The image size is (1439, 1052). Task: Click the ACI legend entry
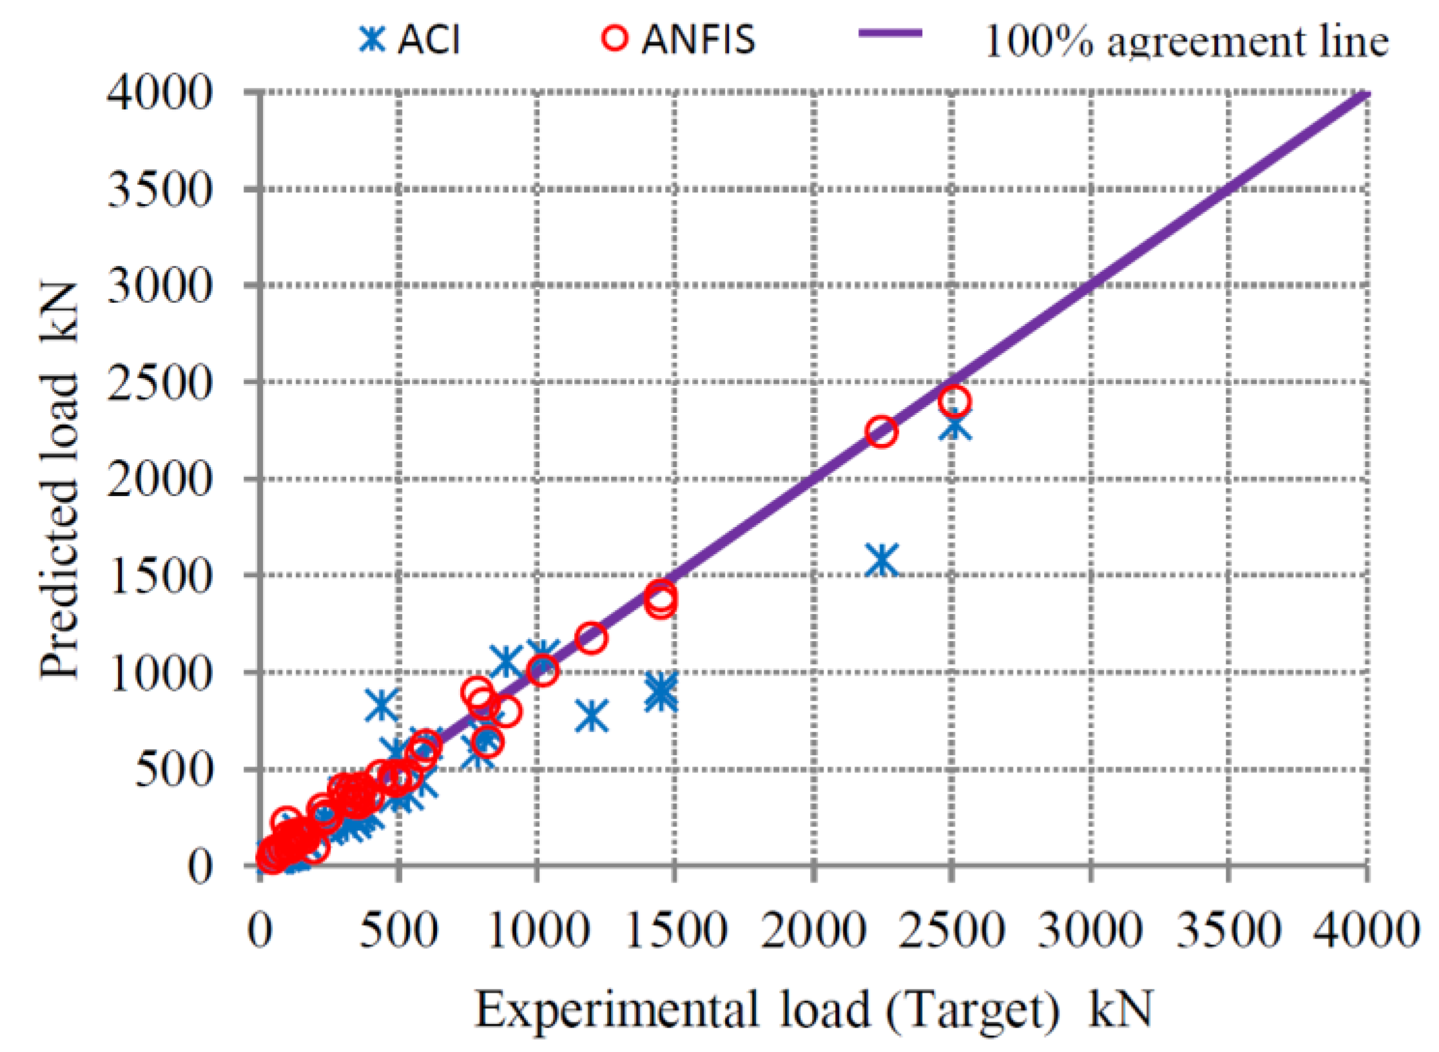[410, 40]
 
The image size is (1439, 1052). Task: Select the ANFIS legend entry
[678, 40]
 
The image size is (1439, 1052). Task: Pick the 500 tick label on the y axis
[173, 769]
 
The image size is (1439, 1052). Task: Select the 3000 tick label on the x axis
[1090, 932]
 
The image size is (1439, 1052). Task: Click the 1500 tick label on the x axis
[675, 932]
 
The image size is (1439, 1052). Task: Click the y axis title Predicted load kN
[59, 480]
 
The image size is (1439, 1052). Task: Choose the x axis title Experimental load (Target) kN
[813, 1010]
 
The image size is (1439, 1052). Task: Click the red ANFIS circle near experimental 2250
[881, 432]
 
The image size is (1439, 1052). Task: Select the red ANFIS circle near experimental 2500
[954, 401]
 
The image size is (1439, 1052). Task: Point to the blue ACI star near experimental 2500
[954, 426]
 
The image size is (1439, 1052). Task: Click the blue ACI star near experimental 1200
[592, 716]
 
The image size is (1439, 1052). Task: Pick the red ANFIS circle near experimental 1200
[592, 638]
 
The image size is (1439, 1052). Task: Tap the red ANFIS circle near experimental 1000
[542, 671]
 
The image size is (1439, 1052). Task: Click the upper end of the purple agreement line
[1365, 95]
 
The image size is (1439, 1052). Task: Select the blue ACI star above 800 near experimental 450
[381, 704]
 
